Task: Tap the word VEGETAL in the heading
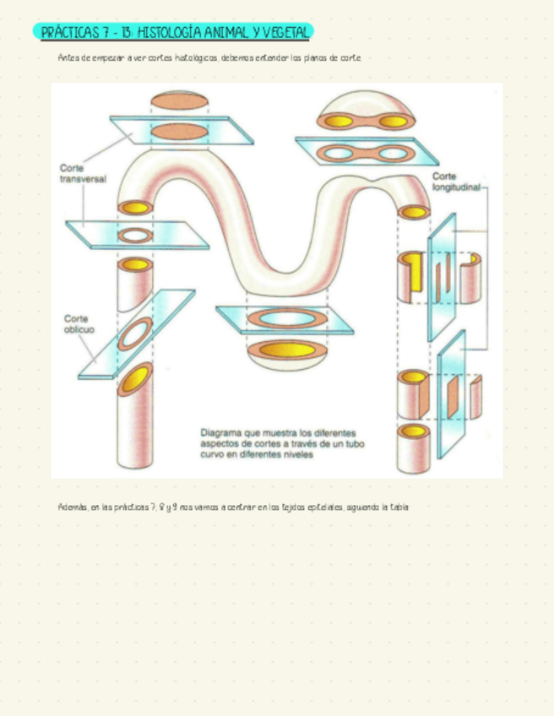(286, 32)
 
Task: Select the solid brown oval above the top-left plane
(179, 102)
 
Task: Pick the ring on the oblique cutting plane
(133, 335)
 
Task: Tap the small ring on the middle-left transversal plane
(133, 234)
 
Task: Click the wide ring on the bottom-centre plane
(285, 318)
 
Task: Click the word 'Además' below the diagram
(71, 507)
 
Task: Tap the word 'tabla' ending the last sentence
(400, 507)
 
